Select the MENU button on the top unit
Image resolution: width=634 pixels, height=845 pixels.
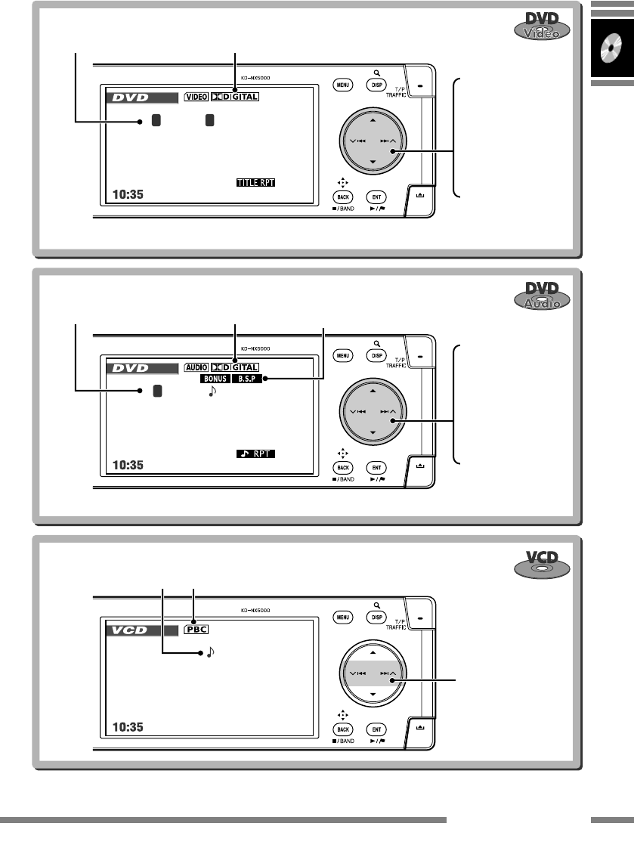coord(342,85)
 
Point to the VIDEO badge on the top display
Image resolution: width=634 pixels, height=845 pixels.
coord(196,97)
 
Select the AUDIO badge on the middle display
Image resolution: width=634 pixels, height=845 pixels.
coord(196,367)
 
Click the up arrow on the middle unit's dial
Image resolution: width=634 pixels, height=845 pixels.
coord(373,391)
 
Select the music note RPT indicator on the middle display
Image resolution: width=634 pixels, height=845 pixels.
coord(255,453)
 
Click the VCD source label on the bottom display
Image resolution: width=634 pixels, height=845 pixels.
coord(133,630)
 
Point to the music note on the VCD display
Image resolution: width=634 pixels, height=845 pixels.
coord(210,648)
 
